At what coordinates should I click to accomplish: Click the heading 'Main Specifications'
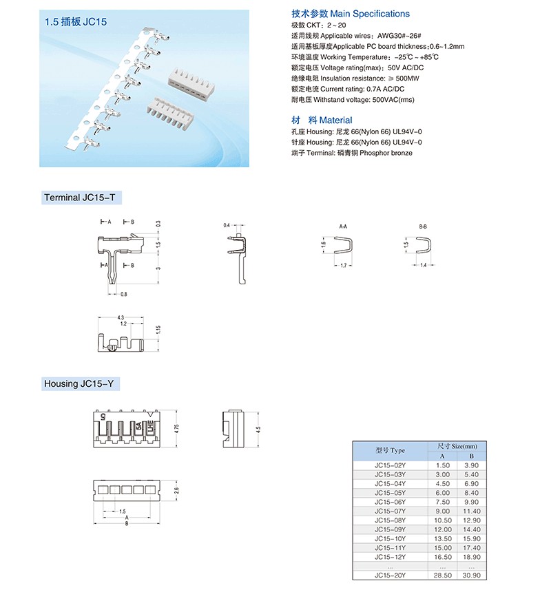(x=370, y=14)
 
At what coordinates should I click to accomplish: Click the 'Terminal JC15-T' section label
(x=83, y=198)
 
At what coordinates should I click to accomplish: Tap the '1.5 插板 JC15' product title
(x=76, y=22)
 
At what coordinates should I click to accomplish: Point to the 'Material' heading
(x=335, y=120)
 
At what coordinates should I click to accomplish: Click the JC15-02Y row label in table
(x=391, y=466)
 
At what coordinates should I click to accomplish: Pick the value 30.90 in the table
(x=472, y=575)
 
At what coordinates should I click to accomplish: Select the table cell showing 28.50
(x=443, y=575)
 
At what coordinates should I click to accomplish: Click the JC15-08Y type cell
(x=391, y=520)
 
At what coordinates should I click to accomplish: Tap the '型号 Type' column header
(x=391, y=451)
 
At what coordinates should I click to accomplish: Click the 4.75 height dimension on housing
(x=177, y=427)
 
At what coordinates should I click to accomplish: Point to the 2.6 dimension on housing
(x=177, y=490)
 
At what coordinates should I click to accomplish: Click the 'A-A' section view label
(x=343, y=226)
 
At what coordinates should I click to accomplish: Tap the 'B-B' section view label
(x=423, y=226)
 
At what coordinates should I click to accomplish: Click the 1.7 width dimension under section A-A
(x=344, y=265)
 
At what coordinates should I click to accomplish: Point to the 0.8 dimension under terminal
(x=124, y=295)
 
